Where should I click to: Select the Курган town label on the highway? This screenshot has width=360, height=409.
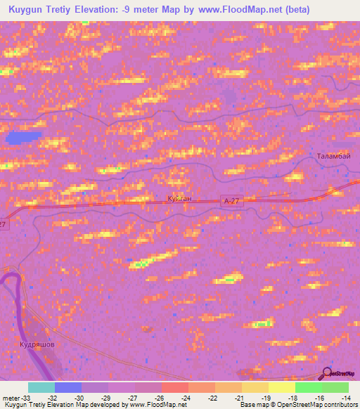click(179, 199)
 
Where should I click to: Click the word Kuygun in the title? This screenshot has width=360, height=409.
click(30, 8)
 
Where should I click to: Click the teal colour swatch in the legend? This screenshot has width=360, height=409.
click(41, 387)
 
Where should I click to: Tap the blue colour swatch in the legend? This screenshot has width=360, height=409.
click(68, 387)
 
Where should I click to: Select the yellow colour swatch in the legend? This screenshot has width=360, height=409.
click(282, 387)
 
